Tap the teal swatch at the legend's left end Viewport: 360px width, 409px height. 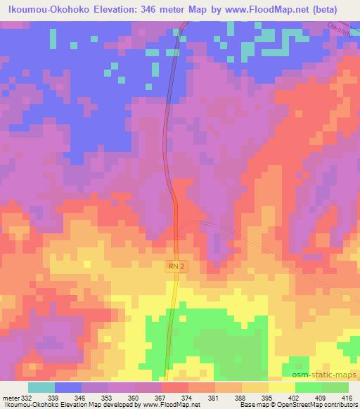tap(41, 387)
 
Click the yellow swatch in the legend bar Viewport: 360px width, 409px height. tap(282, 387)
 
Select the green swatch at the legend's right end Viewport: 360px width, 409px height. tap(335, 387)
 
